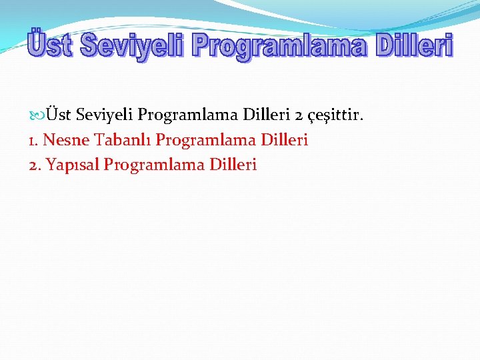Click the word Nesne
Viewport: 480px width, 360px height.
66,140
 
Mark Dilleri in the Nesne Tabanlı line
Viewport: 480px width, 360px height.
284,140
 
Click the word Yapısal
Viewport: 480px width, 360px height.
71,165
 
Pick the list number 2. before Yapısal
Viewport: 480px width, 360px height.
35,165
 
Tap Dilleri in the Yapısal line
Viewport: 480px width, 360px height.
233,165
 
